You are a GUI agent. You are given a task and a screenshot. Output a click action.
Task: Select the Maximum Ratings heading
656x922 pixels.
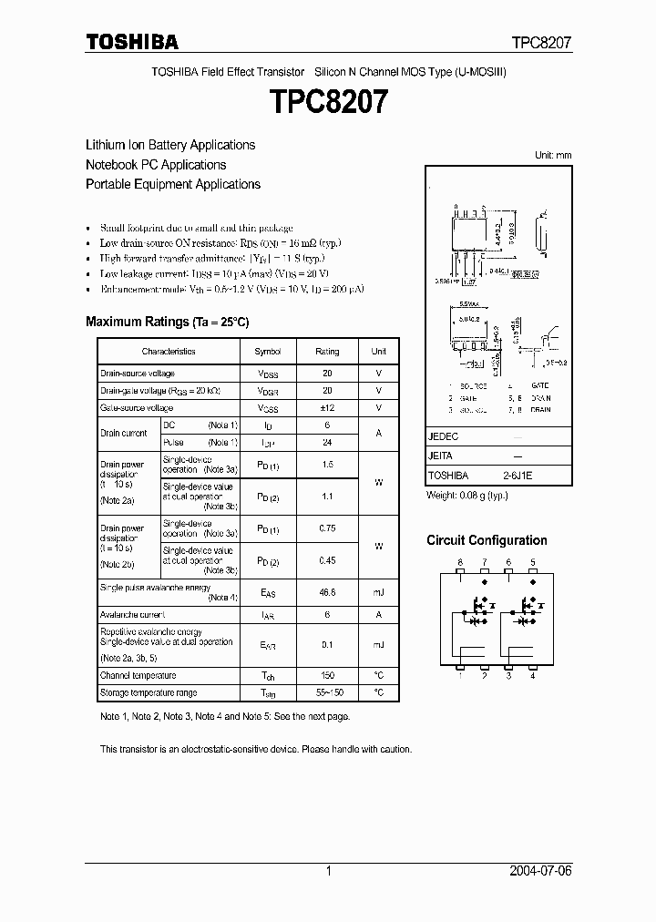point(167,322)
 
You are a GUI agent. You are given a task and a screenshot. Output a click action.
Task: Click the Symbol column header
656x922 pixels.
point(268,352)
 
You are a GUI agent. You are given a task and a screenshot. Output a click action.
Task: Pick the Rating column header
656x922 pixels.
point(327,352)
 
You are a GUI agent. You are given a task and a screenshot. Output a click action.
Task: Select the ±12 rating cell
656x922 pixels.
point(327,407)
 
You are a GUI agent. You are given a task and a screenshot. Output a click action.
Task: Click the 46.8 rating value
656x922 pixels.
point(327,592)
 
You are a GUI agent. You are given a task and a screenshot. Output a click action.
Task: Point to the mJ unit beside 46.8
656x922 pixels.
point(378,592)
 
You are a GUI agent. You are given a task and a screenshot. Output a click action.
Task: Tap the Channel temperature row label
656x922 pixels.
point(138,675)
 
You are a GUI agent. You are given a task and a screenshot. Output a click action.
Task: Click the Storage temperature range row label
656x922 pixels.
point(148,693)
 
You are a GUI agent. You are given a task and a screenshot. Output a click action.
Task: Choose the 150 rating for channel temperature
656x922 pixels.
point(327,675)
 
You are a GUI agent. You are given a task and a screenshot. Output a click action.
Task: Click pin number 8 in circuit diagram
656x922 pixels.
point(461,564)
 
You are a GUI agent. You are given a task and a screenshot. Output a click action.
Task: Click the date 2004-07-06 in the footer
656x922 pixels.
point(542,871)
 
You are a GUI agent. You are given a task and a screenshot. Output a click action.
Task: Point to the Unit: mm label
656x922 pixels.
point(552,156)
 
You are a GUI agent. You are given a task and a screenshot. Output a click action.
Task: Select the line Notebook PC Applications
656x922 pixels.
point(156,165)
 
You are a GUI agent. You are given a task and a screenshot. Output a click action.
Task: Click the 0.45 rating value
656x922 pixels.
point(327,560)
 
